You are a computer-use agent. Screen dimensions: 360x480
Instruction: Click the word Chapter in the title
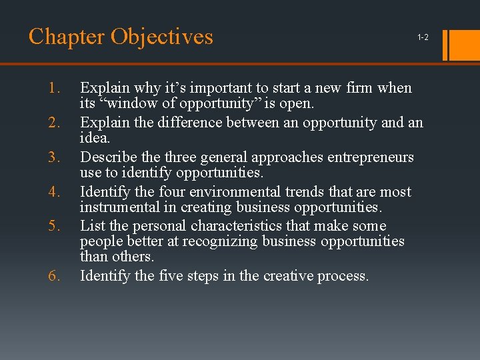[x=67, y=36]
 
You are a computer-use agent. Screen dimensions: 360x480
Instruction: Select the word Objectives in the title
[x=162, y=36]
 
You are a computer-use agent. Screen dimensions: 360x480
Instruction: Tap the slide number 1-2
[x=423, y=38]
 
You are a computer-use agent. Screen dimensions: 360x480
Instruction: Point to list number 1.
[x=54, y=88]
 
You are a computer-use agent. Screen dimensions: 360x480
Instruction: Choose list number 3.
[x=54, y=157]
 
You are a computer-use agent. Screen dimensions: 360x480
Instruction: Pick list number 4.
[x=54, y=192]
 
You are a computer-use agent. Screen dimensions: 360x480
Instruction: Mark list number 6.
[x=54, y=276]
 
